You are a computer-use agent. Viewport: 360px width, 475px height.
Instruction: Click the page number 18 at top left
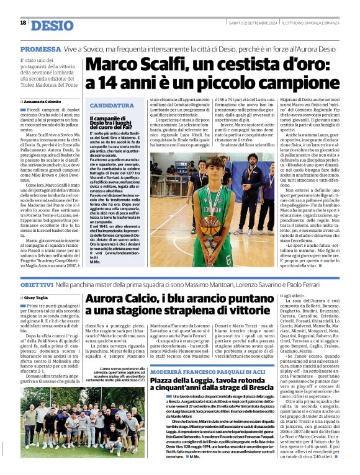(23, 23)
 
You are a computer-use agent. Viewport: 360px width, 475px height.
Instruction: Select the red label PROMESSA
(40, 49)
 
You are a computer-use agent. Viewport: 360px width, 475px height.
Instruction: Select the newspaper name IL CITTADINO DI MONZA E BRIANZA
(315, 24)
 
